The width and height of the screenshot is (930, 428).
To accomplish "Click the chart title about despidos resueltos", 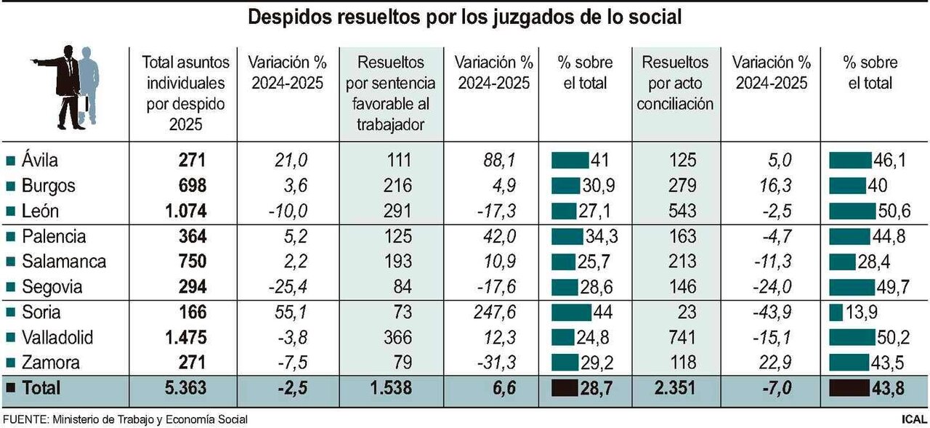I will pos(465,17).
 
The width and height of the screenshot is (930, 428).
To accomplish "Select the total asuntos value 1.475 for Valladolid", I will pos(182,338).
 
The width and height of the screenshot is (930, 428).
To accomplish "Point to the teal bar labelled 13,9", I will pos(835,312).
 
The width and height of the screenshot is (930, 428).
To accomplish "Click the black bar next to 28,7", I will pos(567,389).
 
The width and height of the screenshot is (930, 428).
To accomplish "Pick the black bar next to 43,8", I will pos(849,389).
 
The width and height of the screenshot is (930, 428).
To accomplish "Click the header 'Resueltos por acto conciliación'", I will pos(675,83).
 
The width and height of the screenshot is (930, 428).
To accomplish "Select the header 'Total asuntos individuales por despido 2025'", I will pos(186,93).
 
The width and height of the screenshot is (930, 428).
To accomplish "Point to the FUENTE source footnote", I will pos(125,419).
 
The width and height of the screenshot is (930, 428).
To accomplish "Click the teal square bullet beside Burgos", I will pos(10,186).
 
